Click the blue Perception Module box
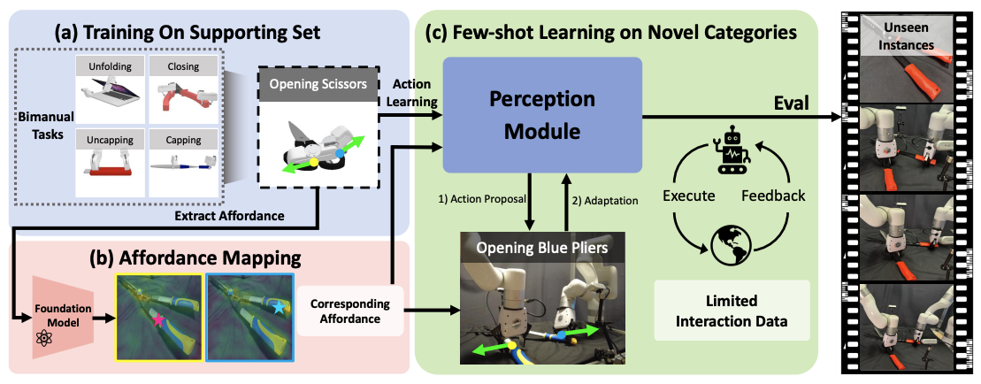click(541, 115)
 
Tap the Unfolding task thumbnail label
click(108, 66)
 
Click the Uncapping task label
click(108, 139)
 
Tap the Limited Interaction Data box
click(731, 311)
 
